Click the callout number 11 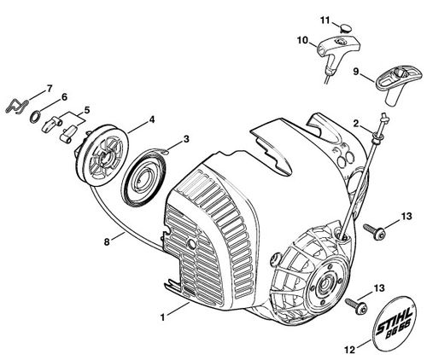pos(325,20)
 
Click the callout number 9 pos(356,72)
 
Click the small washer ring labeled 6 pos(35,117)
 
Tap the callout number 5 pos(86,110)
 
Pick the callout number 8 pos(107,242)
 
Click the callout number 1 pos(162,317)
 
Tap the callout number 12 pos(350,350)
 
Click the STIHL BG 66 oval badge pos(394,325)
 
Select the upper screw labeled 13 pos(375,230)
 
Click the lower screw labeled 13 pos(356,306)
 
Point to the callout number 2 pos(356,124)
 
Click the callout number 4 pos(152,120)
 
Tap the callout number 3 pos(185,139)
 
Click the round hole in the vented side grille pos(192,243)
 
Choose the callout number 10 pos(302,40)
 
